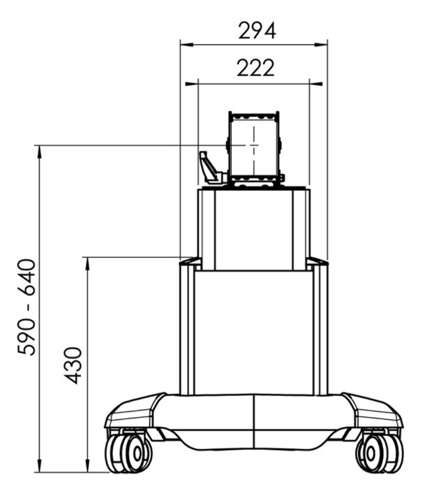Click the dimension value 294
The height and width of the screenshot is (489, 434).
click(257, 31)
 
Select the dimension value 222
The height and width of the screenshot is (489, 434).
click(255, 68)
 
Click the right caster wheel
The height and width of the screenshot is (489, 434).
click(374, 453)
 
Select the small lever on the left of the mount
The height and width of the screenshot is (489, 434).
click(209, 168)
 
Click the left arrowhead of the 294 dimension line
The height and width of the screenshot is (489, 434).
click(184, 45)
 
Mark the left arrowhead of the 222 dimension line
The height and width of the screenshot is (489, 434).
click(202, 82)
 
